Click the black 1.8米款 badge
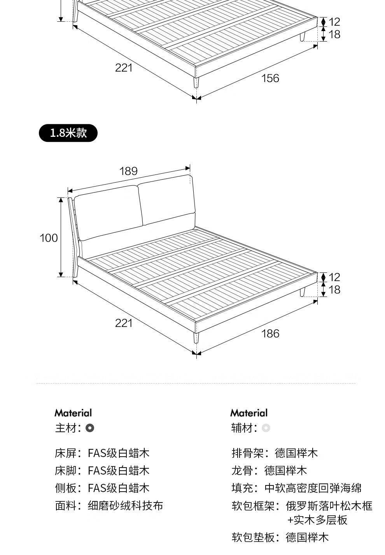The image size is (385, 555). coord(68,133)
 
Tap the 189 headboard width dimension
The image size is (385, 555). coord(128,171)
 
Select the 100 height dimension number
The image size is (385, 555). coord(49,238)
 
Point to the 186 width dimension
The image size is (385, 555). coord(270,333)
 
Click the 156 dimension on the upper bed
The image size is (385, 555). coord(270,78)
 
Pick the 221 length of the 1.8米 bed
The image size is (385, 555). coord(124,323)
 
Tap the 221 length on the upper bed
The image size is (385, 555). coord(124,68)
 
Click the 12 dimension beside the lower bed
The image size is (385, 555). coord(334,277)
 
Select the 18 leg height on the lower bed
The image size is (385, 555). coord(334,290)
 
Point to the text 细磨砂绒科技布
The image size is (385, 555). coord(126,506)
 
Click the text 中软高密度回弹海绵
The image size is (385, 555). coord(313,488)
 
